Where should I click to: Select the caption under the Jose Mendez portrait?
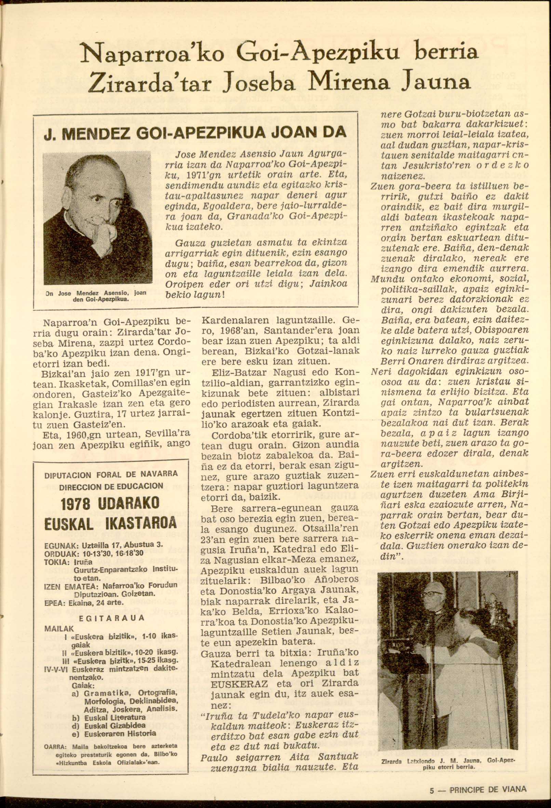[96, 295]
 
